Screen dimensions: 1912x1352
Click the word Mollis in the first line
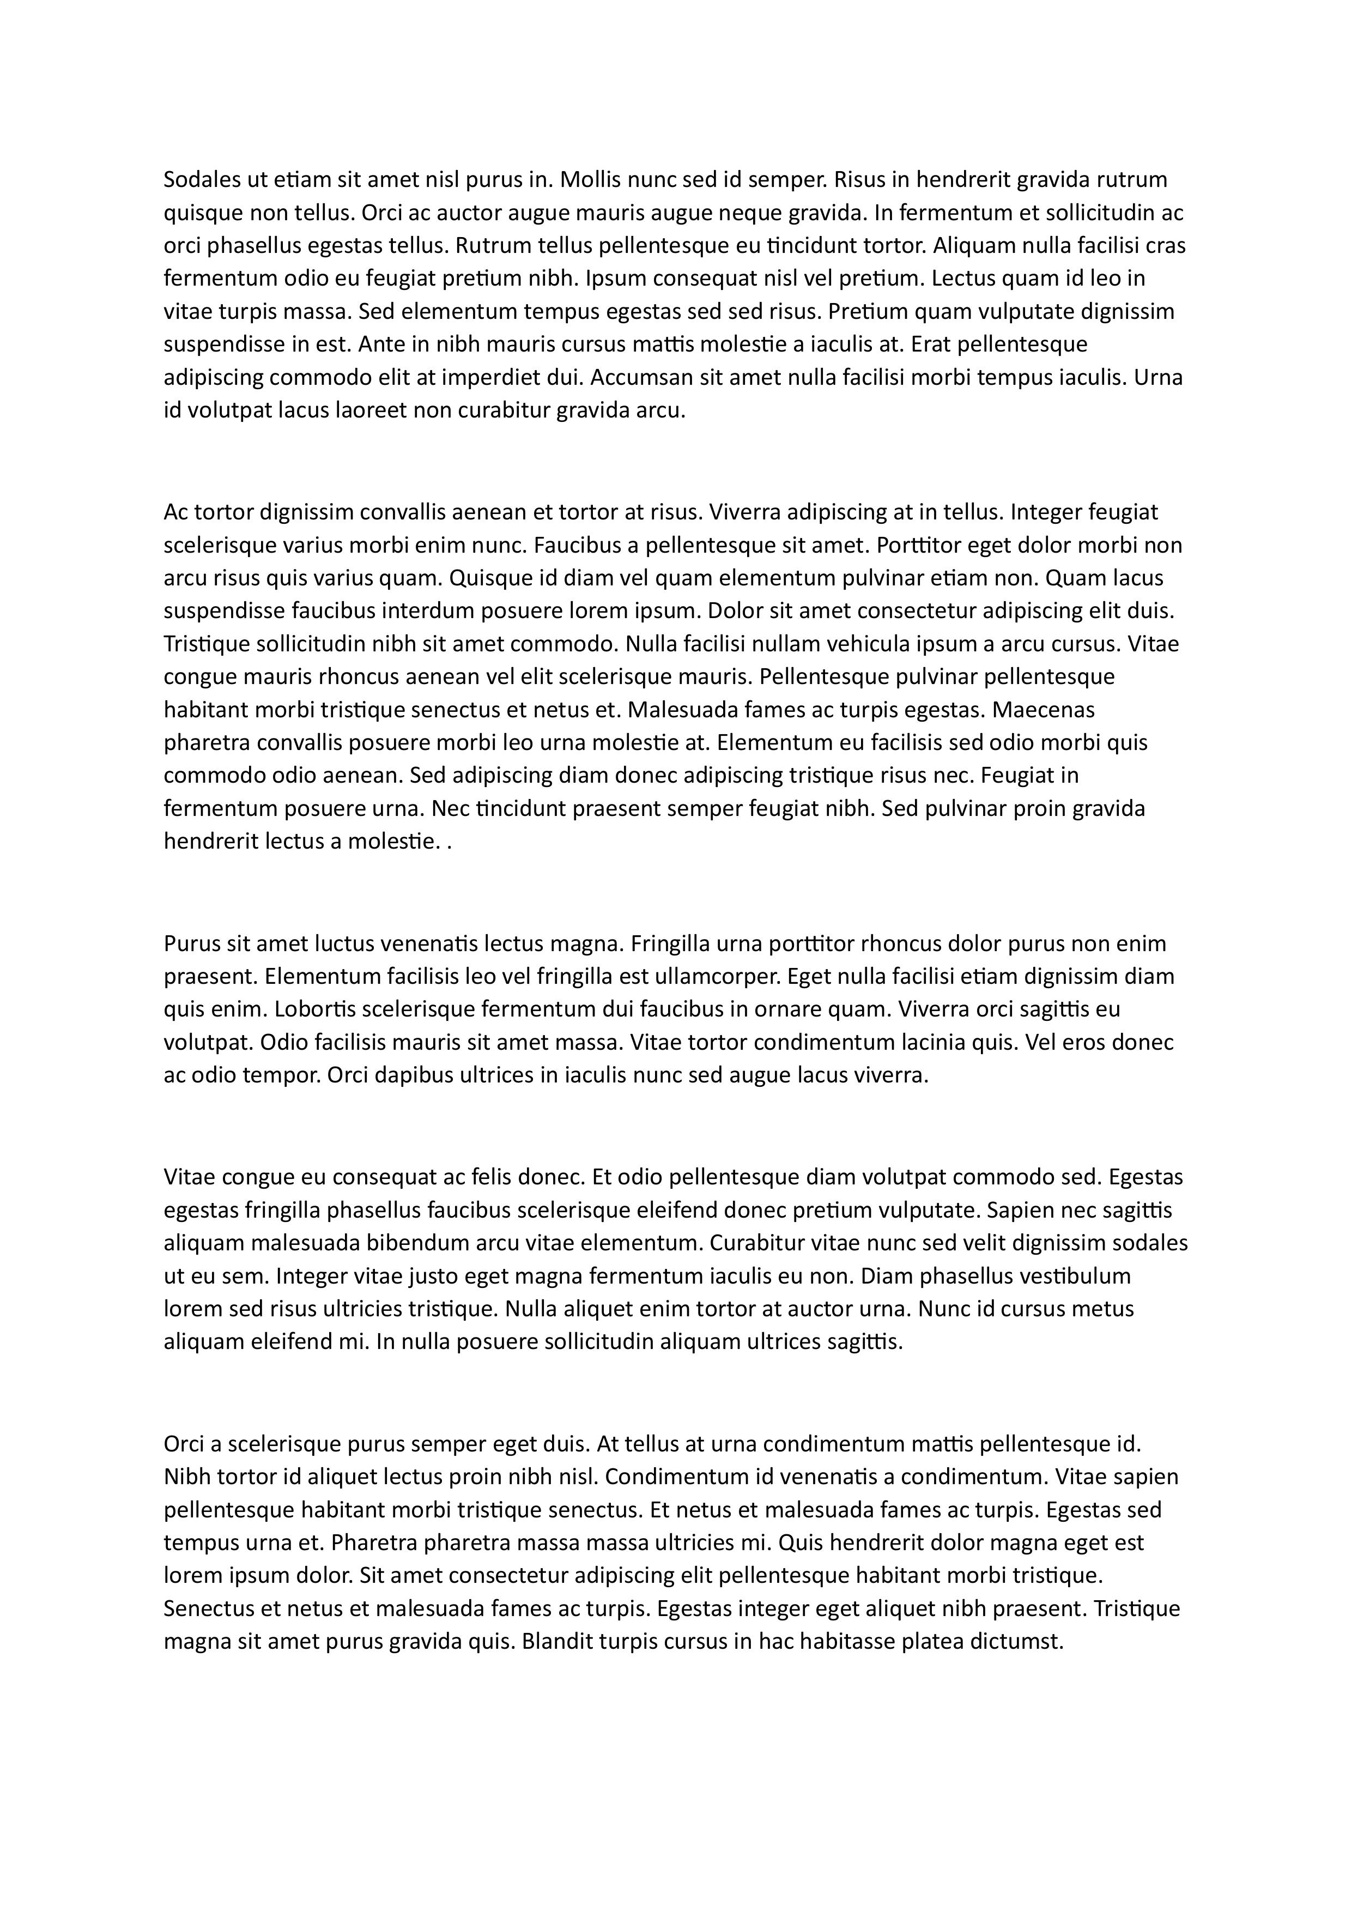(x=590, y=180)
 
